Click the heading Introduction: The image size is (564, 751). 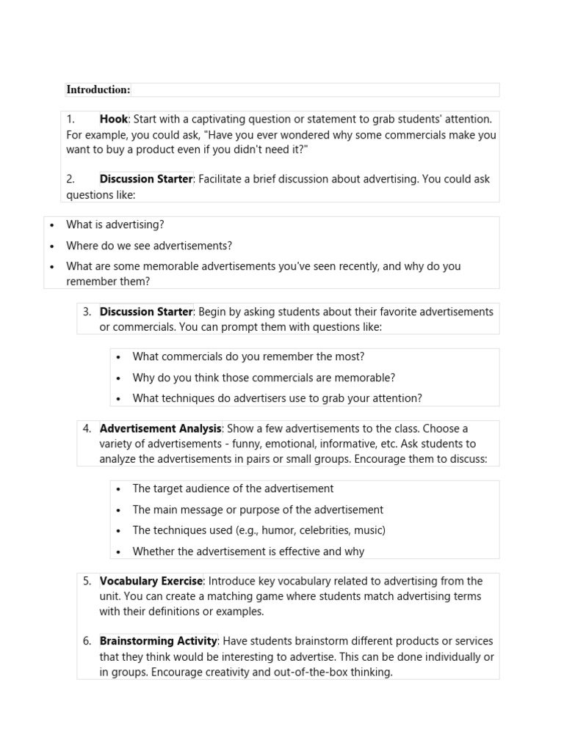[x=98, y=89]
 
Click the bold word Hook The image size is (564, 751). [x=114, y=119]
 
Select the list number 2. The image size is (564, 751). [x=70, y=179]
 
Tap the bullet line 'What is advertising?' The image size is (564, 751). [x=115, y=224]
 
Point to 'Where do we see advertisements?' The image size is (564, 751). [x=149, y=246]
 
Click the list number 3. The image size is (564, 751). [x=87, y=312]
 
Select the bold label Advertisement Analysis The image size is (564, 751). [x=160, y=428]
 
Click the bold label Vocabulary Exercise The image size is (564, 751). [x=151, y=581]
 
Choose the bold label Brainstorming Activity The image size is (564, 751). [x=159, y=641]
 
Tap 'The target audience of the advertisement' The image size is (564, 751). [x=233, y=488]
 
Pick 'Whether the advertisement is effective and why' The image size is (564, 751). [x=248, y=552]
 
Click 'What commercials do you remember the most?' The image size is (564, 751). [x=248, y=356]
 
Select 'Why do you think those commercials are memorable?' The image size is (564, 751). [x=264, y=378]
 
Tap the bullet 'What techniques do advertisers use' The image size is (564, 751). [x=277, y=398]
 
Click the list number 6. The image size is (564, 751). [x=87, y=641]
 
